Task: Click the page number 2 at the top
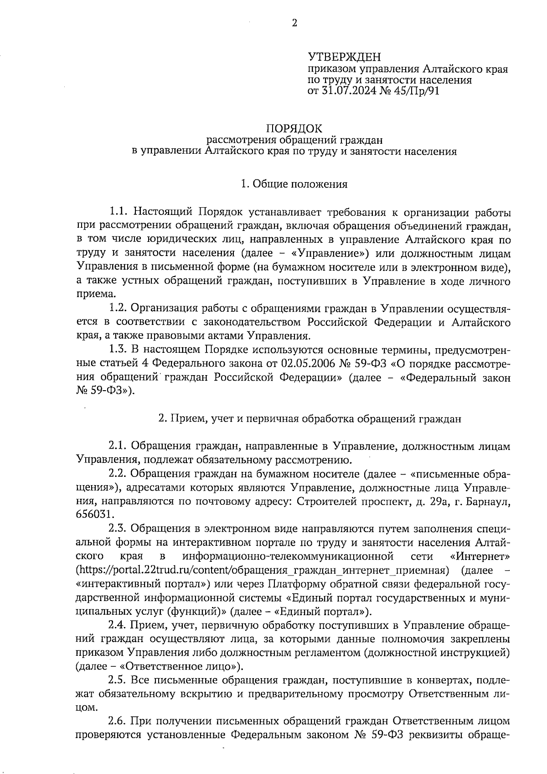[x=294, y=23]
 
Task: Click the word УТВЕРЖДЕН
[x=344, y=57]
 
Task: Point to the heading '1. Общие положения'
[x=294, y=184]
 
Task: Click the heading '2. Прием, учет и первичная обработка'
[x=310, y=418]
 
